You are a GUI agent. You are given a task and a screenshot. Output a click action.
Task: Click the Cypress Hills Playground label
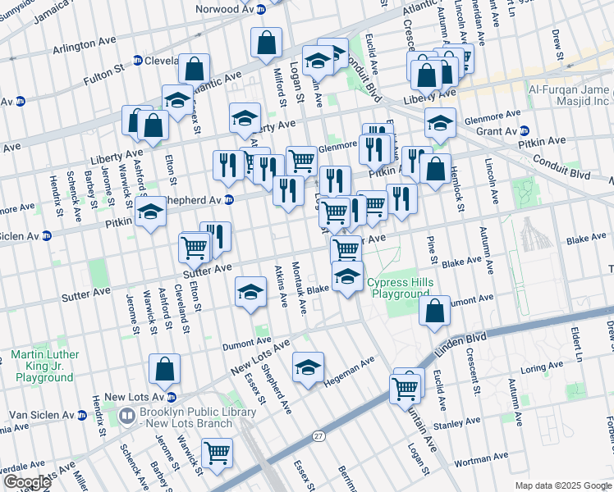coord(398,288)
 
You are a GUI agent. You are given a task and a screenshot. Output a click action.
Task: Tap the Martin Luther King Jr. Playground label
coord(44,366)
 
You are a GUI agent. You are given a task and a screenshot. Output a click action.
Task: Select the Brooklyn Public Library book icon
coord(126,416)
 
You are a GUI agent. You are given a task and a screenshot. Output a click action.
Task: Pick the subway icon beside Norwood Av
coord(260,9)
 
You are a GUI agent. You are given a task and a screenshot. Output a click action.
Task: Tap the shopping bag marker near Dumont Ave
coord(434,309)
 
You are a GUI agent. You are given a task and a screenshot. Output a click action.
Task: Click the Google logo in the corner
coord(27,482)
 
